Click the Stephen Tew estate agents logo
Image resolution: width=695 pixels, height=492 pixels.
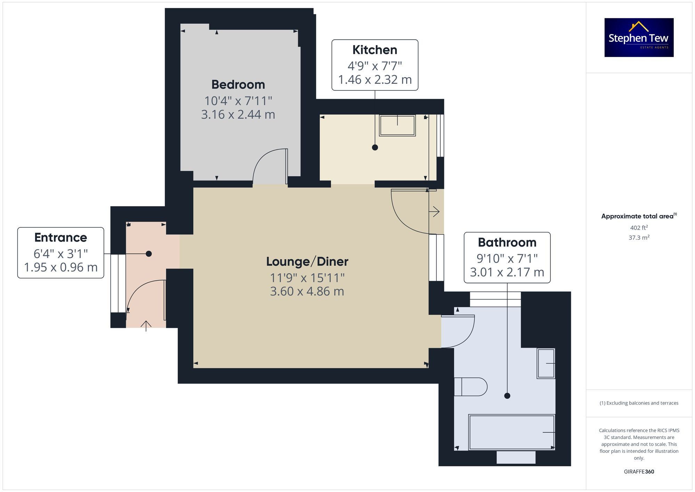pyautogui.click(x=639, y=38)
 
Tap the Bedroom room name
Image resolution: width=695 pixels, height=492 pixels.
pyautogui.click(x=238, y=84)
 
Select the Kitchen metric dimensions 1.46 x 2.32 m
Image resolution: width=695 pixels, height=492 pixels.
pyautogui.click(x=375, y=80)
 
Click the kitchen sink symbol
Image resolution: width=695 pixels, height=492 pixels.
pyautogui.click(x=397, y=125)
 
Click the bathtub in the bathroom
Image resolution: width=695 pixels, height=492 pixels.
pyautogui.click(x=511, y=432)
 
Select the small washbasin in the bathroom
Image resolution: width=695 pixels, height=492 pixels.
pyautogui.click(x=546, y=363)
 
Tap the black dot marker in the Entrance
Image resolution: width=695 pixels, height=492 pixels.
pyautogui.click(x=149, y=254)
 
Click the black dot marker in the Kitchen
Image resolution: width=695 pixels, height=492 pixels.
pyautogui.click(x=375, y=147)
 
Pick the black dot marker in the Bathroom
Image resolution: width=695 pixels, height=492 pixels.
pyautogui.click(x=507, y=396)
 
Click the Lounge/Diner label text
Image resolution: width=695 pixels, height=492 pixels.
pyautogui.click(x=307, y=261)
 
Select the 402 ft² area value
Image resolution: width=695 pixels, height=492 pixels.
pyautogui.click(x=639, y=228)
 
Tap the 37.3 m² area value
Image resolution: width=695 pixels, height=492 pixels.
pyautogui.click(x=639, y=237)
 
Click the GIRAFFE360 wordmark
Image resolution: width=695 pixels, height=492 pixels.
pyautogui.click(x=639, y=471)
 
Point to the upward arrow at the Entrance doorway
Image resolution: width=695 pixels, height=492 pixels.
pyautogui.click(x=146, y=325)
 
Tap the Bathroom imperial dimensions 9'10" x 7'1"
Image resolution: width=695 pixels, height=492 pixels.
pyautogui.click(x=507, y=258)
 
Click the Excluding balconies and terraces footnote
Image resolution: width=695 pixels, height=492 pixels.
pyautogui.click(x=639, y=403)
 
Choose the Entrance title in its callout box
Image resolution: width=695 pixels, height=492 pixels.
pyautogui.click(x=61, y=237)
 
